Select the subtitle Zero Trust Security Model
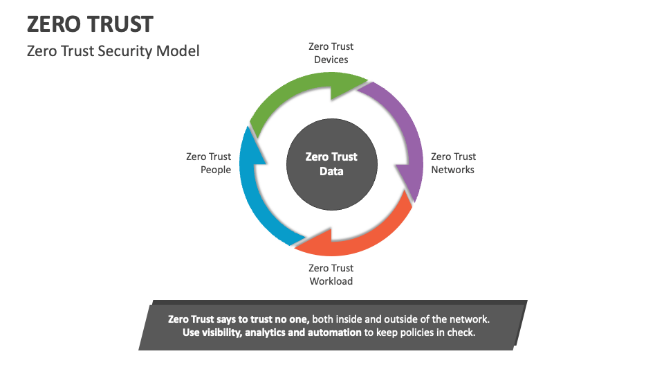pyautogui.click(x=113, y=51)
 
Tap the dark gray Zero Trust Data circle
pyautogui.click(x=331, y=164)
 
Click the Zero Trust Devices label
pyautogui.click(x=331, y=53)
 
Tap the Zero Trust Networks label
pyautogui.click(x=453, y=163)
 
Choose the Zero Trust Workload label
pyautogui.click(x=331, y=274)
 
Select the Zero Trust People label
pyautogui.click(x=209, y=163)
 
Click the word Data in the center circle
pyautogui.click(x=331, y=171)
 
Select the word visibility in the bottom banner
pyautogui.click(x=221, y=332)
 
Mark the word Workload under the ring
pyautogui.click(x=331, y=281)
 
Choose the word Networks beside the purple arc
pyautogui.click(x=453, y=170)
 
